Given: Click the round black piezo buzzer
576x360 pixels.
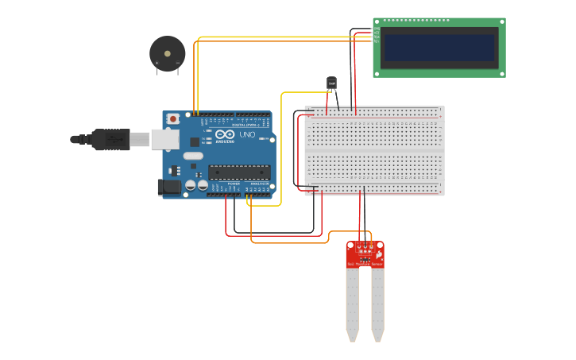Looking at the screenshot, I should pos(167,52).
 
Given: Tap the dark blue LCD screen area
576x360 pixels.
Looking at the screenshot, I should pos(439,47).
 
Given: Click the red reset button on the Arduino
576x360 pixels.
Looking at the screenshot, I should pos(173,118).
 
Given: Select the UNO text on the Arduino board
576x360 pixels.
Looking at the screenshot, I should pos(247,136).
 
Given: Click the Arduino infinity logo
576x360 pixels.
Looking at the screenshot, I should pos(225,135).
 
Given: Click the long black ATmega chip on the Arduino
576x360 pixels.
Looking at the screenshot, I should pos(239,171).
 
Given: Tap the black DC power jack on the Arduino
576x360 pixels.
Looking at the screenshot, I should pos(169,188).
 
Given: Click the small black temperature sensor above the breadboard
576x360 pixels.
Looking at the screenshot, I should pos(332,83).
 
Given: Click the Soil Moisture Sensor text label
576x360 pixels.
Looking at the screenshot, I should pos(365,264).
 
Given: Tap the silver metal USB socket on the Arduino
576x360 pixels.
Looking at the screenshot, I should pos(164,139).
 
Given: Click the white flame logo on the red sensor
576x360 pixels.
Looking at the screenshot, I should pos(379,254).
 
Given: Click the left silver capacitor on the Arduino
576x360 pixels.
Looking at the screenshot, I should pos(191,185).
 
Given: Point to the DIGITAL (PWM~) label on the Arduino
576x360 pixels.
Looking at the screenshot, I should pos(247,126).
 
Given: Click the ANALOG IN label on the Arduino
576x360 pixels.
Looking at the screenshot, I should pos(259,184).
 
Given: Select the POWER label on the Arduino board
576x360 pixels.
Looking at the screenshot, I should pos(234,184).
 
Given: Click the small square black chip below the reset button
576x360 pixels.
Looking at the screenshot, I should pos(195,141).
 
